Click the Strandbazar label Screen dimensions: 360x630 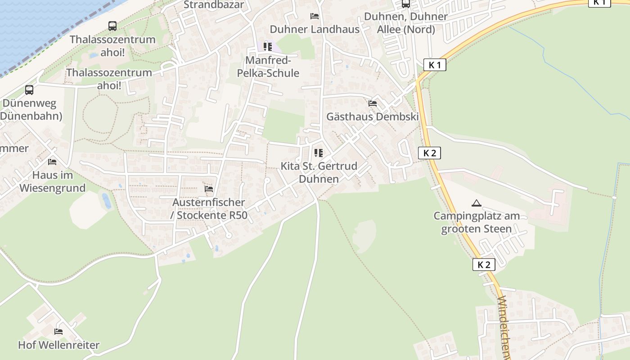214,5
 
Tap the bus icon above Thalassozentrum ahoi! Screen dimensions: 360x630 112,26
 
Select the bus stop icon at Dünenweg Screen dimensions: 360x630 29,90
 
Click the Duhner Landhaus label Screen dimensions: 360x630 315,29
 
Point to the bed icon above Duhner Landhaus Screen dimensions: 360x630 315,17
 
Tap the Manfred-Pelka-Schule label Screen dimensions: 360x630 272,67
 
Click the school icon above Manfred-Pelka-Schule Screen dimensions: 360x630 268,47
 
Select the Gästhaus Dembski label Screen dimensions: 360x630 373,117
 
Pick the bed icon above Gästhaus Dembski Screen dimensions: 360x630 373,103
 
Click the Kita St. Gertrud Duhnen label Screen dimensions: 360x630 319,172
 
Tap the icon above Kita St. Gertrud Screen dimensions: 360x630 319,153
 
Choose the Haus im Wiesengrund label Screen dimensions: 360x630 52,181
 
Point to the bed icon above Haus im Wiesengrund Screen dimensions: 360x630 52,162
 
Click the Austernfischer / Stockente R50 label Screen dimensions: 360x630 209,209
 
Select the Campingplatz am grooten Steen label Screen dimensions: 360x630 477,222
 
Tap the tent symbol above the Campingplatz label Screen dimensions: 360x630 477,203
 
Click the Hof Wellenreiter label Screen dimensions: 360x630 58,345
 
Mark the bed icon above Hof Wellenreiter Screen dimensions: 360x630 58,332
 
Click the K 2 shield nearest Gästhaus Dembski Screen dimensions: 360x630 429,153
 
